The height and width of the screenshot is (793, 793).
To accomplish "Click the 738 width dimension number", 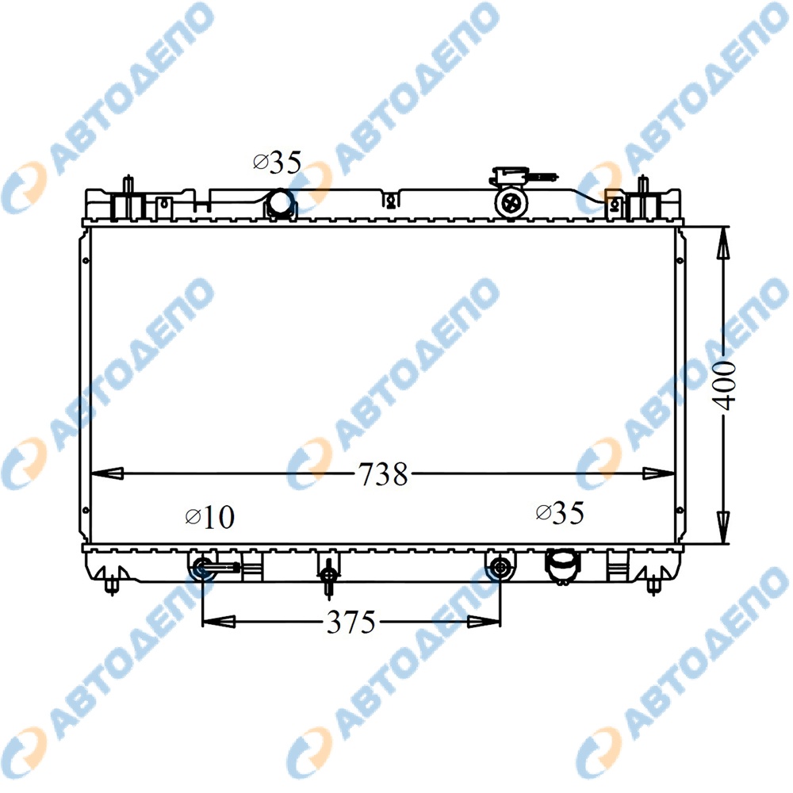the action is (383, 474).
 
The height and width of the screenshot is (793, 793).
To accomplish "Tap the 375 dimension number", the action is (351, 622).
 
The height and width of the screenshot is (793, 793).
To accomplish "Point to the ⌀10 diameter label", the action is (210, 517).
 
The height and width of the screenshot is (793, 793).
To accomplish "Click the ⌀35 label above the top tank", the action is (277, 163).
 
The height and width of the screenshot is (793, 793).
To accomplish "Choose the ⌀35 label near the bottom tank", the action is (560, 513).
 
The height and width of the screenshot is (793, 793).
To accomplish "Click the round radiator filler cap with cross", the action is (511, 203).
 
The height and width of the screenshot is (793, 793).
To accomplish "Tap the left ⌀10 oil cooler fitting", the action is (203, 567).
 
